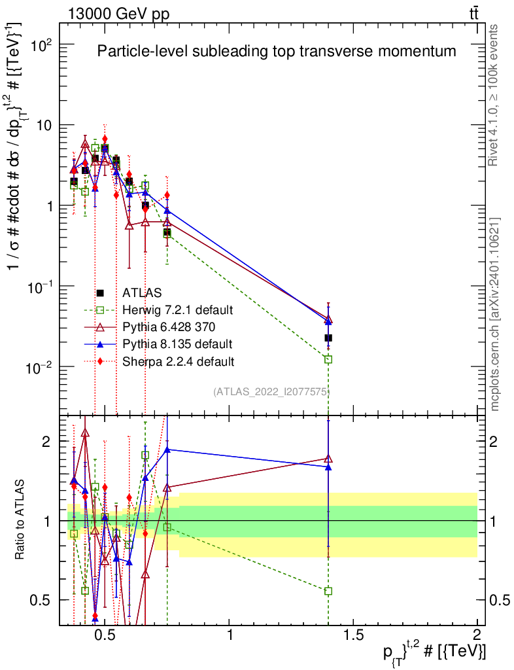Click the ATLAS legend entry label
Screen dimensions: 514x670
(142, 292)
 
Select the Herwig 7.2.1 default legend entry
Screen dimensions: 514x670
(178, 309)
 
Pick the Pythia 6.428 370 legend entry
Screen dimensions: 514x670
(169, 327)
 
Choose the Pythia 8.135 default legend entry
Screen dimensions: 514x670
(177, 344)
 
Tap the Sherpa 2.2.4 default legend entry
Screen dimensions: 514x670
(178, 361)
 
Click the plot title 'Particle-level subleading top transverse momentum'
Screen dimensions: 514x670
(277, 51)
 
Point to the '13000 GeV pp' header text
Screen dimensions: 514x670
(118, 14)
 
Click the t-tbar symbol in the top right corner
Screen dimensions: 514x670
(473, 14)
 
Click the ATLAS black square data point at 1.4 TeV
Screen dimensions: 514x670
(328, 338)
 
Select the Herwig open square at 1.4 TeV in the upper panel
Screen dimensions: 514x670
(328, 359)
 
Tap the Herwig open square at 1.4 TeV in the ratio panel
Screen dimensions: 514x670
(328, 591)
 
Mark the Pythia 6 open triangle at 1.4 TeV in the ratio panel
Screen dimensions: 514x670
(328, 459)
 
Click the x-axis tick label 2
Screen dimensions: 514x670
(477, 635)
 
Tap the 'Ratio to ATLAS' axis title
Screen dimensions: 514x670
(20, 520)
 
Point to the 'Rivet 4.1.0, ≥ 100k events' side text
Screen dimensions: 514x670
(492, 96)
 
